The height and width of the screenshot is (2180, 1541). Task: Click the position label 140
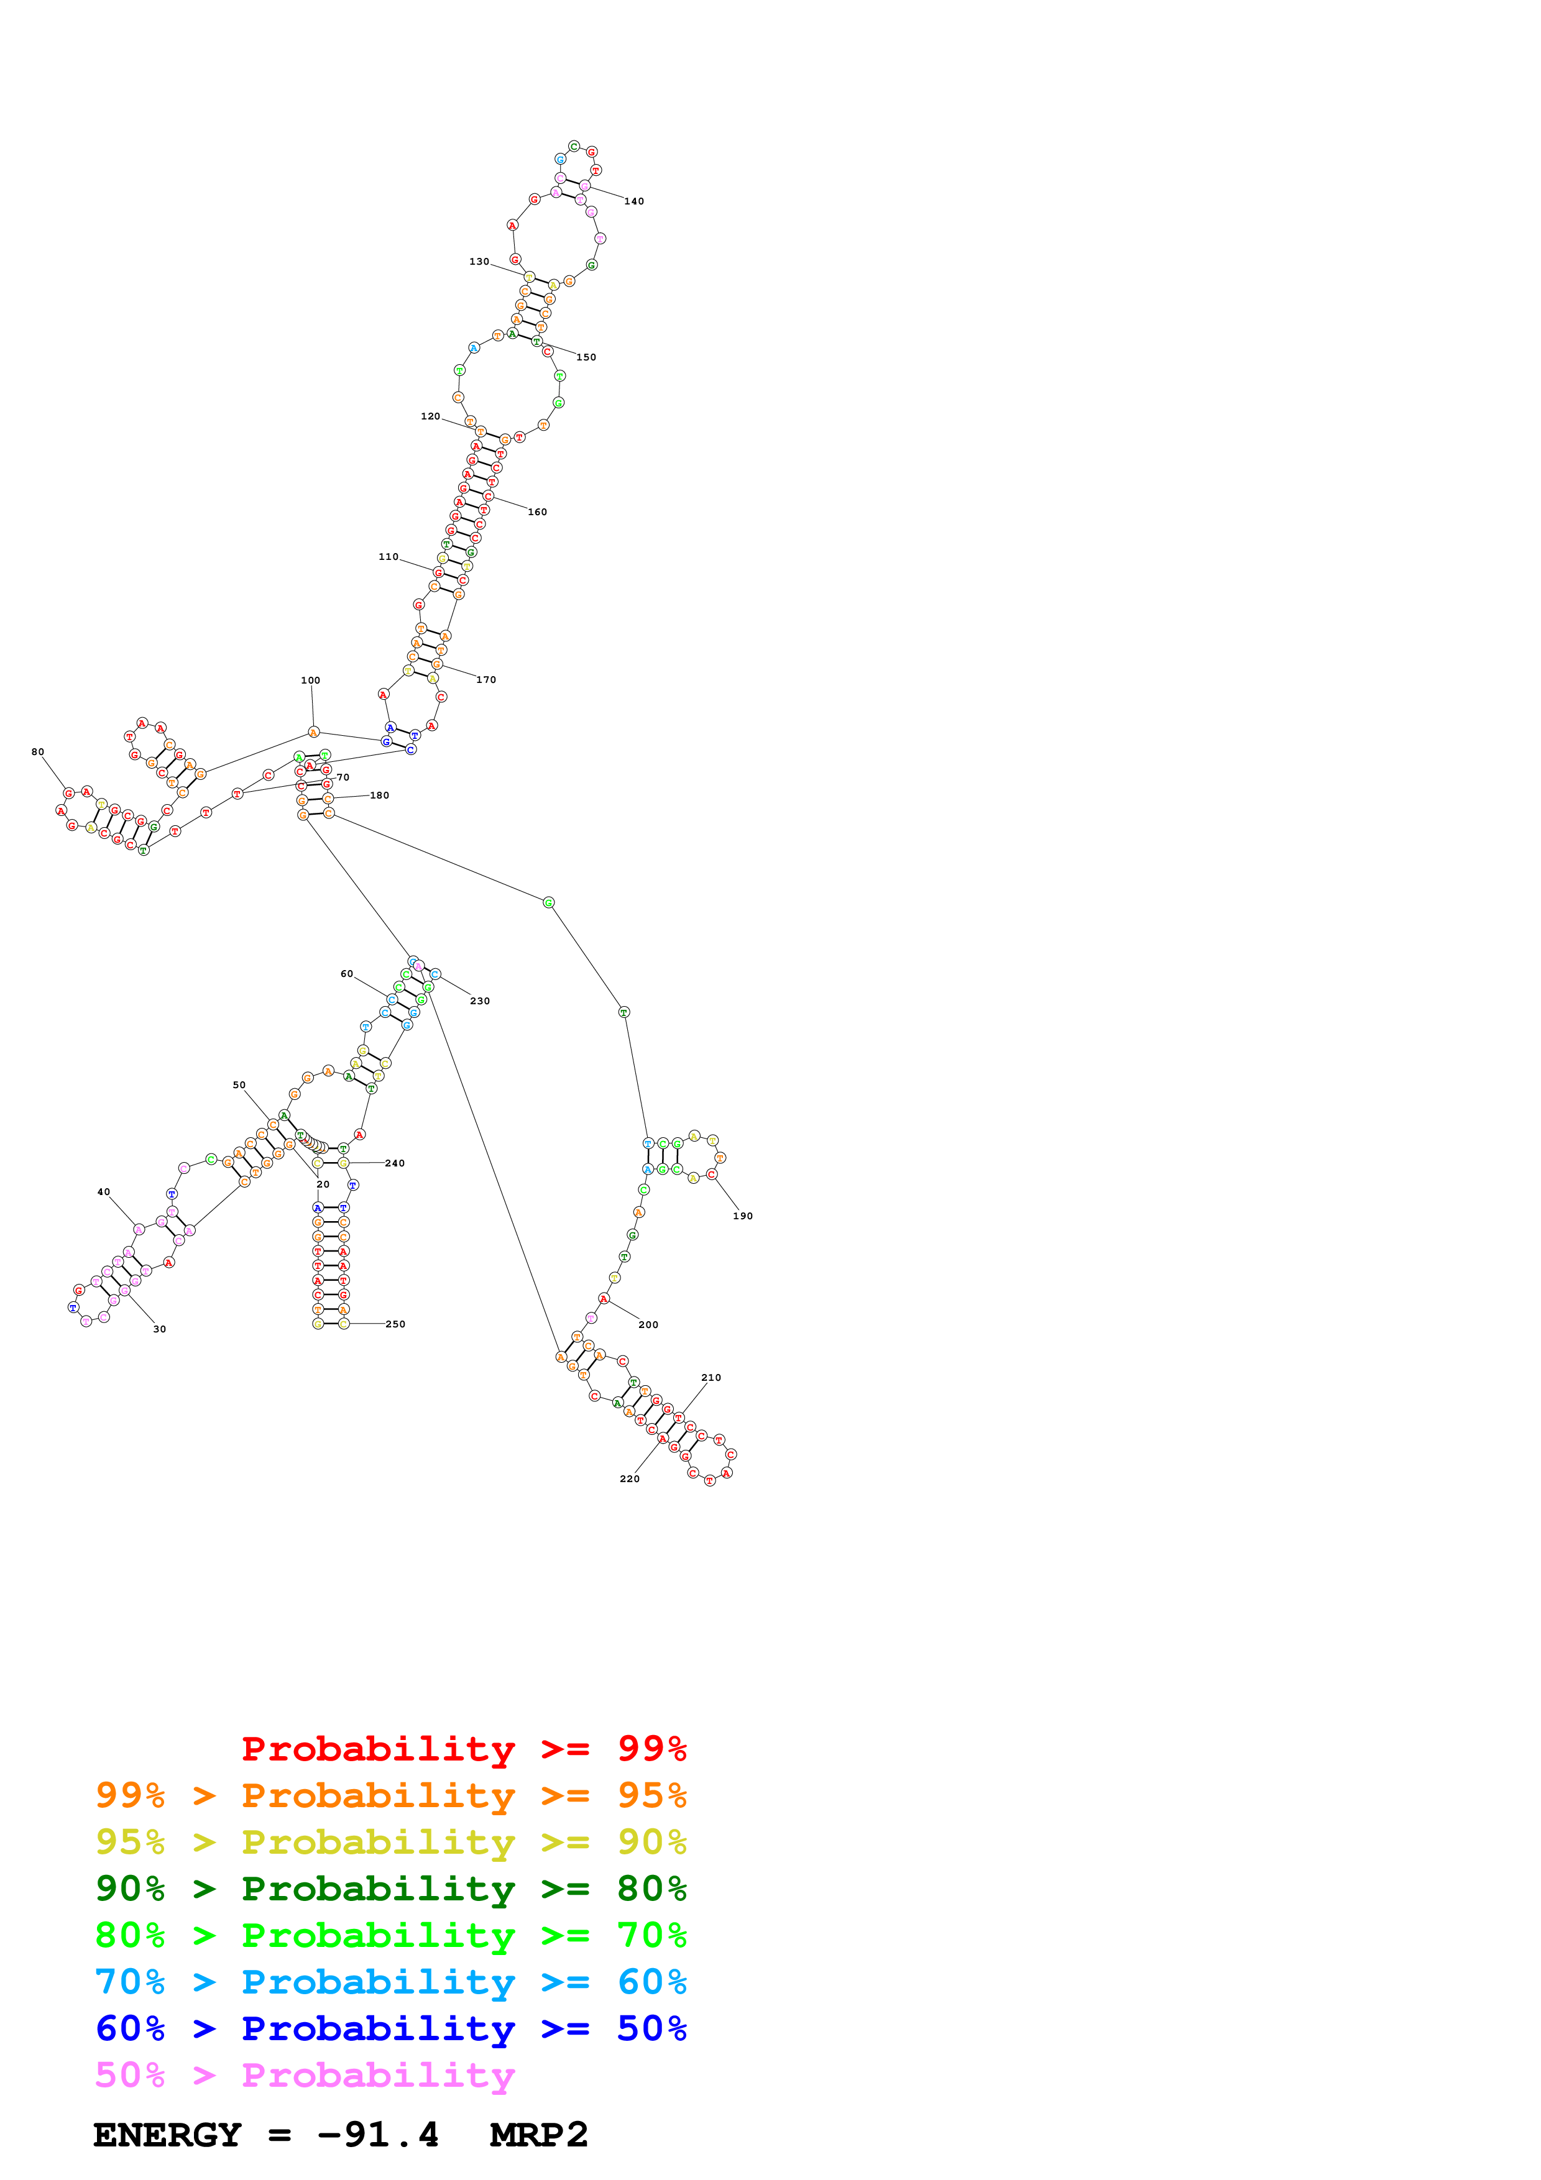click(633, 201)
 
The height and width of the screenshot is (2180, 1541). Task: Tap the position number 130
click(479, 262)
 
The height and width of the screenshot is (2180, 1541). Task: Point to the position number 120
click(430, 417)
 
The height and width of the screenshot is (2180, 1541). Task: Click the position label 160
click(538, 513)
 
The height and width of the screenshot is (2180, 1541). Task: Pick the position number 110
click(389, 557)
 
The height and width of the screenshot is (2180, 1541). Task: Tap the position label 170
click(486, 680)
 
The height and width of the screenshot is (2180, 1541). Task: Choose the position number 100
click(310, 680)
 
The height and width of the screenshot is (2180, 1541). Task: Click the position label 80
click(38, 752)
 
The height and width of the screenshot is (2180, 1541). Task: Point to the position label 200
click(648, 1324)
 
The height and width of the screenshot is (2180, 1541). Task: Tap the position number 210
click(711, 1378)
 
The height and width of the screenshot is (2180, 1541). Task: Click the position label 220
click(630, 1479)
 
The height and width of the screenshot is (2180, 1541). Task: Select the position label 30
click(160, 1329)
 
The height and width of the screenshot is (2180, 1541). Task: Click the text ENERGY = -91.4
click(266, 2135)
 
